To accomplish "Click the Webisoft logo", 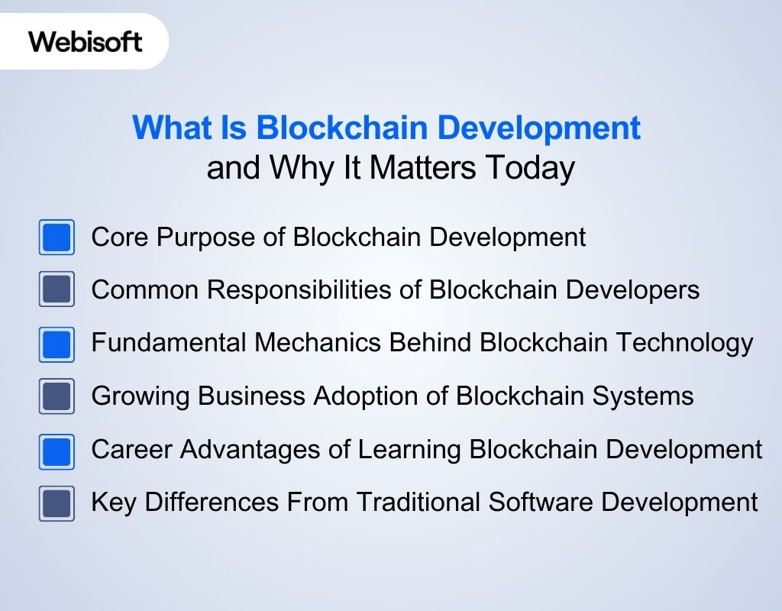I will pos(86,41).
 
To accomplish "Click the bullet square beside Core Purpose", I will pos(57,238).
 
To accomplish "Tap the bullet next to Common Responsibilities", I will pos(57,290).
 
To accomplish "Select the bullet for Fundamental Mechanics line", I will pos(57,344).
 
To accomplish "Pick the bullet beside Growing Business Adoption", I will pos(57,396).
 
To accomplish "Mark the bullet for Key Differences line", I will pos(57,503).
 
